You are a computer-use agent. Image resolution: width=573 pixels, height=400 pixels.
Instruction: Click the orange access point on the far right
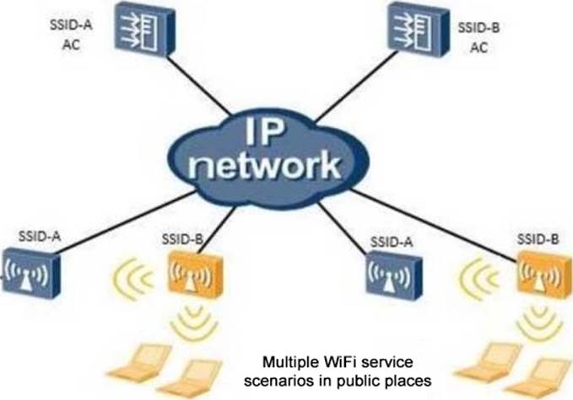[x=540, y=272]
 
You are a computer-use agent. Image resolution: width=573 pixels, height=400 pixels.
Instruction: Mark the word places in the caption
[x=411, y=381]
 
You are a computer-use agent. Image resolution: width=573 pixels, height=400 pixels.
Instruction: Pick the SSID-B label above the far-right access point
[x=538, y=239]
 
